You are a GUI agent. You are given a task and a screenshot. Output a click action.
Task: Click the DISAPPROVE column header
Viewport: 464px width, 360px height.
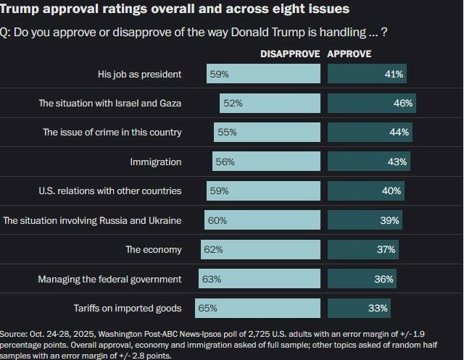tap(290, 54)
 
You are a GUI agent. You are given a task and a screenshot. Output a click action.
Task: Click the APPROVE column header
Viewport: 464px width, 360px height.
tap(349, 54)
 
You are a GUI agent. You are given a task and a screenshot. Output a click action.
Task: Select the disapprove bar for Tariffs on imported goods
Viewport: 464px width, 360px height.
tap(257, 309)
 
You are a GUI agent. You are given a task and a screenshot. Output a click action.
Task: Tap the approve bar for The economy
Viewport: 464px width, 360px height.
tap(363, 250)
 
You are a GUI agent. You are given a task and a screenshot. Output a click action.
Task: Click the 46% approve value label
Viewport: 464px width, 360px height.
tap(403, 104)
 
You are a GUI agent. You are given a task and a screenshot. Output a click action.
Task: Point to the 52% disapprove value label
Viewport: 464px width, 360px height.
tap(233, 104)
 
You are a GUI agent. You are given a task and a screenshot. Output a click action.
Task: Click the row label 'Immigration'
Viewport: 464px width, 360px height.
tap(155, 162)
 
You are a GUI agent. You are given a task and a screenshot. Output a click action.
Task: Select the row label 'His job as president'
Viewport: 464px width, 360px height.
tap(139, 74)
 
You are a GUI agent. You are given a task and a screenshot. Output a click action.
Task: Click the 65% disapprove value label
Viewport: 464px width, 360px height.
tap(207, 309)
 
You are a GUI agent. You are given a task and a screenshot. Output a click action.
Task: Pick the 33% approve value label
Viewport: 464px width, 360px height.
tap(378, 309)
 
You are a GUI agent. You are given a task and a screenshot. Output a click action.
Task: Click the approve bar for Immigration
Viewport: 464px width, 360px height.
tap(369, 162)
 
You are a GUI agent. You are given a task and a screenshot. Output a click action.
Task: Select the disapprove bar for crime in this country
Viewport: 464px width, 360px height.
tap(267, 133)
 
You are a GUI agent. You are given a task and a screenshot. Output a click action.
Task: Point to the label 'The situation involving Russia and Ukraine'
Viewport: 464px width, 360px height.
tap(92, 220)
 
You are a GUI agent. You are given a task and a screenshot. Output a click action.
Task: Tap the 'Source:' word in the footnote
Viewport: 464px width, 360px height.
tap(14, 334)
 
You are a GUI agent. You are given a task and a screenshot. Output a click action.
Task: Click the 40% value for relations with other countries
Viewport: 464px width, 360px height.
tap(391, 191)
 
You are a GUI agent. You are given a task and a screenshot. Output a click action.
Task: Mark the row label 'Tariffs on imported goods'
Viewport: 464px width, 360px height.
tap(128, 309)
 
